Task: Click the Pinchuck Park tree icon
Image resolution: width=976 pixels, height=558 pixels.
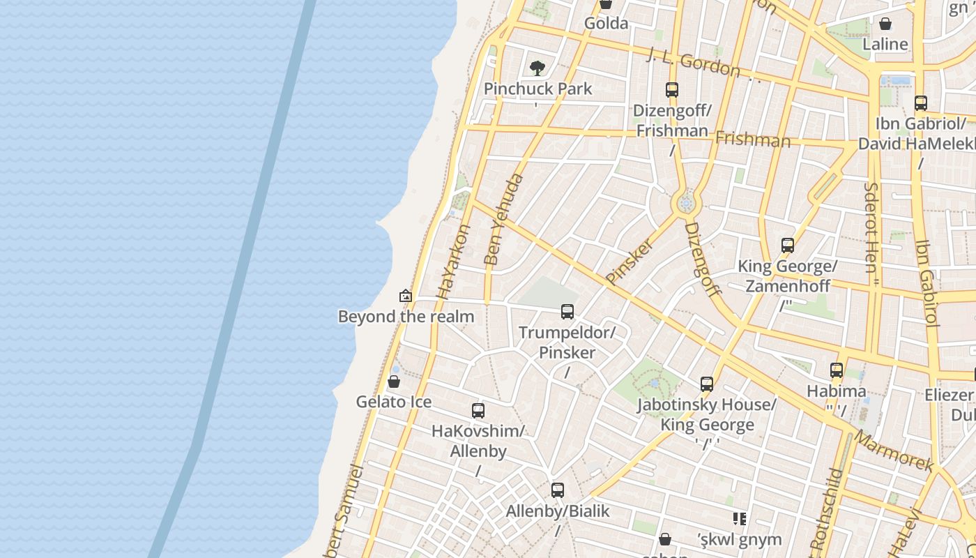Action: pyautogui.click(x=537, y=68)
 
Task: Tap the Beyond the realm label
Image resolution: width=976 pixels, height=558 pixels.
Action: pyautogui.click(x=406, y=317)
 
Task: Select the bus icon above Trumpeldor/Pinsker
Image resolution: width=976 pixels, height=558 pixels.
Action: pyautogui.click(x=567, y=311)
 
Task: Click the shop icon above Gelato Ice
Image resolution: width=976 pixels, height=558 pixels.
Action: pyautogui.click(x=394, y=382)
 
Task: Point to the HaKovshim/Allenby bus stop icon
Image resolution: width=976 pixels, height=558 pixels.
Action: pyautogui.click(x=478, y=410)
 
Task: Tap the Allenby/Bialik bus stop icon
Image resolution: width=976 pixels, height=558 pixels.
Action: pyautogui.click(x=558, y=490)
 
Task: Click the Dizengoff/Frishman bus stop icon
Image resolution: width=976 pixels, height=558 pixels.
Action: pyautogui.click(x=672, y=90)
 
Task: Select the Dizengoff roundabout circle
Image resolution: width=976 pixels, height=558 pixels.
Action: pyautogui.click(x=686, y=204)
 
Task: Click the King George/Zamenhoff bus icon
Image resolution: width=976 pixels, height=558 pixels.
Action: pyautogui.click(x=788, y=246)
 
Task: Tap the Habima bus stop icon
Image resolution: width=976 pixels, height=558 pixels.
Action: pyautogui.click(x=837, y=370)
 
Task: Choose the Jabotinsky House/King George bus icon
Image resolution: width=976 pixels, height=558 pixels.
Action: pyautogui.click(x=707, y=384)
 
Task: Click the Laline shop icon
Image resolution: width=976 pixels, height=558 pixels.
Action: pyautogui.click(x=885, y=24)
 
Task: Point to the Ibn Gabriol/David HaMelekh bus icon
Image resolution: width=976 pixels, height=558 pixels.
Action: pyautogui.click(x=921, y=103)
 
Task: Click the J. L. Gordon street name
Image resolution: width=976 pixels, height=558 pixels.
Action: pyautogui.click(x=693, y=63)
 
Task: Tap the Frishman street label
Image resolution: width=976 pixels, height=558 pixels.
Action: pyautogui.click(x=753, y=139)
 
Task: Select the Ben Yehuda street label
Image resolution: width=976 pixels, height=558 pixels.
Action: pyautogui.click(x=503, y=219)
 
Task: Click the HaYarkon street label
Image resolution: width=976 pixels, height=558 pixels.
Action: pyautogui.click(x=453, y=262)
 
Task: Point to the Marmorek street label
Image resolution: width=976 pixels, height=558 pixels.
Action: pyautogui.click(x=894, y=451)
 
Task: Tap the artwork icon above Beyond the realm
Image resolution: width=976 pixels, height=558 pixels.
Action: pyautogui.click(x=406, y=296)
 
